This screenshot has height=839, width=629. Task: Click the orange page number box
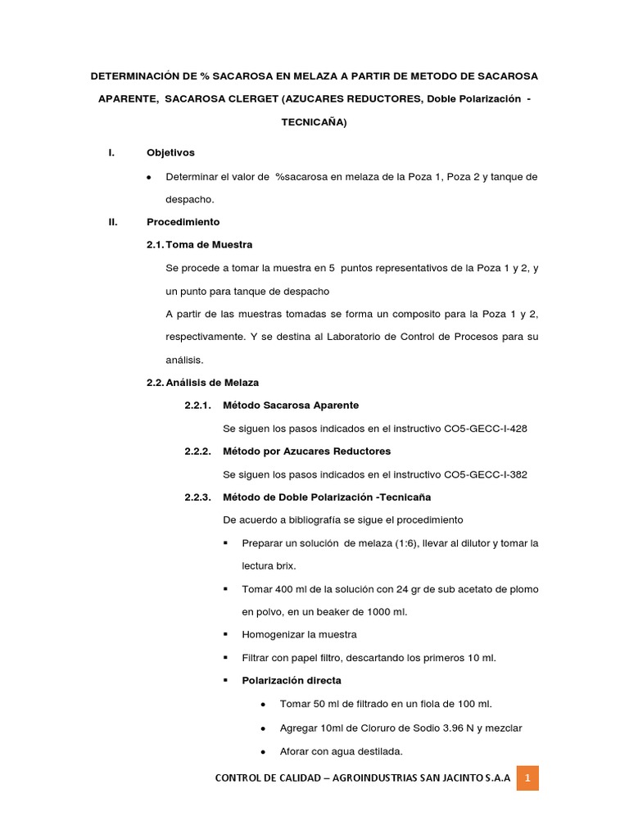(527, 778)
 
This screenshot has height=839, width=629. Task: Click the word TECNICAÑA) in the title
(314, 122)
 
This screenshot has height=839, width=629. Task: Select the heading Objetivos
(170, 153)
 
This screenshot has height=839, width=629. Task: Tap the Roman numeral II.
(114, 222)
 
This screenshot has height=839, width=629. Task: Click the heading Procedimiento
(183, 222)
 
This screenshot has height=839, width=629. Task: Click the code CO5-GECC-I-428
(486, 429)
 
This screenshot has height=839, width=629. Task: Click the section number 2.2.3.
(198, 497)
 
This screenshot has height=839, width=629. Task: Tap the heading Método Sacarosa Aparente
(291, 406)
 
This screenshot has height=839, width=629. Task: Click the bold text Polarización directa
(292, 681)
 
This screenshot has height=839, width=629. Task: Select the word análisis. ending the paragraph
(184, 360)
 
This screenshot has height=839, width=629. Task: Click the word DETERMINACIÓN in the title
(133, 76)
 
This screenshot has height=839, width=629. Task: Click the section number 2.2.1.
(198, 406)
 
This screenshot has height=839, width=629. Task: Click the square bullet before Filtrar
(226, 658)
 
